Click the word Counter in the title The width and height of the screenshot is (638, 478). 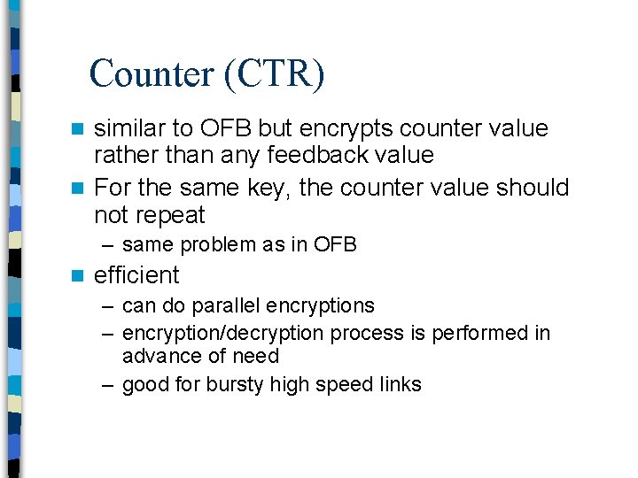151,74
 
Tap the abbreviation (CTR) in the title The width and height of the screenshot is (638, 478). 274,74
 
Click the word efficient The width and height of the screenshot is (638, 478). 136,275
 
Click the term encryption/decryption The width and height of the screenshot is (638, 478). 223,333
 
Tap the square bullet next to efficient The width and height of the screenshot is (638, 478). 78,276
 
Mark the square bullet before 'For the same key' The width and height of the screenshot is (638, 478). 78,189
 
